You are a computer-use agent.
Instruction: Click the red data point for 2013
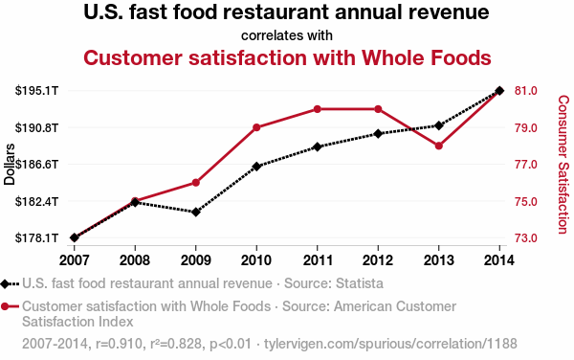click(x=439, y=146)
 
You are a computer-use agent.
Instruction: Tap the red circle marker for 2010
click(x=256, y=127)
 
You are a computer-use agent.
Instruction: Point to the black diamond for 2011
click(x=317, y=146)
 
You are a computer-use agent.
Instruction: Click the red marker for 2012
click(x=378, y=109)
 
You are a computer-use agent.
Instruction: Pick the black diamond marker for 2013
click(x=439, y=125)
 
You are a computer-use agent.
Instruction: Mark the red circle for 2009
click(x=195, y=182)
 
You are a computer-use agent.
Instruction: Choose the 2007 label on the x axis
click(x=74, y=259)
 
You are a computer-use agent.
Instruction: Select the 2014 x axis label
click(x=499, y=259)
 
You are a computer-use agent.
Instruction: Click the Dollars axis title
click(x=10, y=164)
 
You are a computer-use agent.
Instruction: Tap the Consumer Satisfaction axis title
click(x=562, y=164)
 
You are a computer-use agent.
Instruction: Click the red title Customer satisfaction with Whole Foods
click(x=287, y=57)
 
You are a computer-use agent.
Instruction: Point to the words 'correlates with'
click(x=287, y=34)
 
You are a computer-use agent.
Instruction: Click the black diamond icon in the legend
click(x=10, y=283)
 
